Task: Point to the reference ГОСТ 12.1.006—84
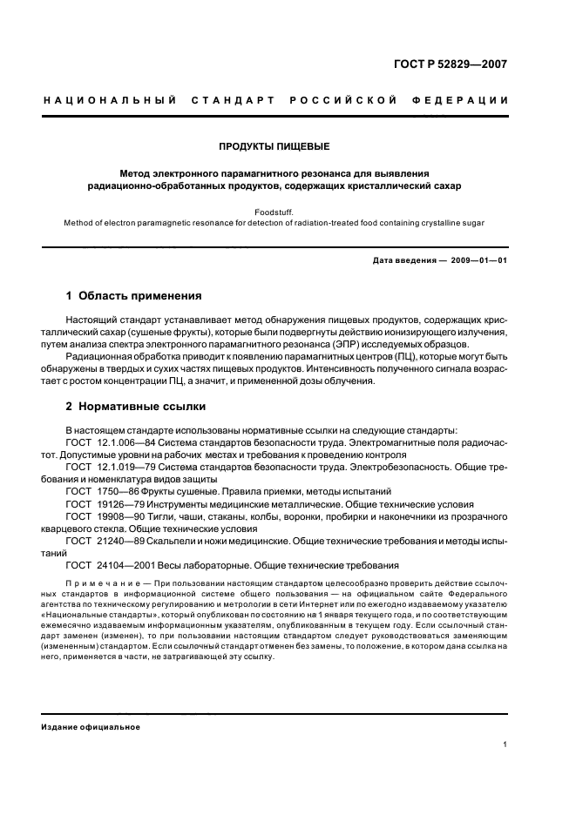click(104, 442)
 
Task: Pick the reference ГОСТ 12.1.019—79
click(104, 467)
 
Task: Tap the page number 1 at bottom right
click(505, 744)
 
